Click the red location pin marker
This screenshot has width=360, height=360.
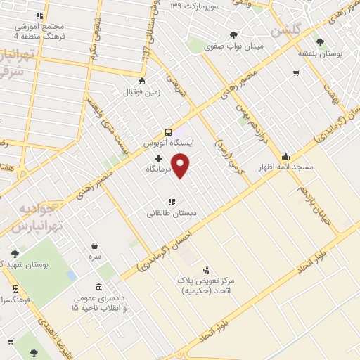pyautogui.click(x=181, y=165)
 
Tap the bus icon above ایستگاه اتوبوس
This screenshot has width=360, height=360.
pyautogui.click(x=168, y=132)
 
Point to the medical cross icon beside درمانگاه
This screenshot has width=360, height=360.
pyautogui.click(x=158, y=159)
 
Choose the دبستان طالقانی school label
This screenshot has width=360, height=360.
pyautogui.click(x=172, y=212)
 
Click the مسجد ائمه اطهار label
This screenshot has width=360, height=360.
pyautogui.click(x=285, y=167)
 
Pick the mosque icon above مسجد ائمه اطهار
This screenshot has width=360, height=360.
pyautogui.click(x=285, y=157)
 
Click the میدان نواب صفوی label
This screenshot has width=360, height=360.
pyautogui.click(x=233, y=46)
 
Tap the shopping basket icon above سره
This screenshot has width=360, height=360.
pyautogui.click(x=95, y=246)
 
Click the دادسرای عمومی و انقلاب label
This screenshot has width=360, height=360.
pyautogui.click(x=96, y=304)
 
